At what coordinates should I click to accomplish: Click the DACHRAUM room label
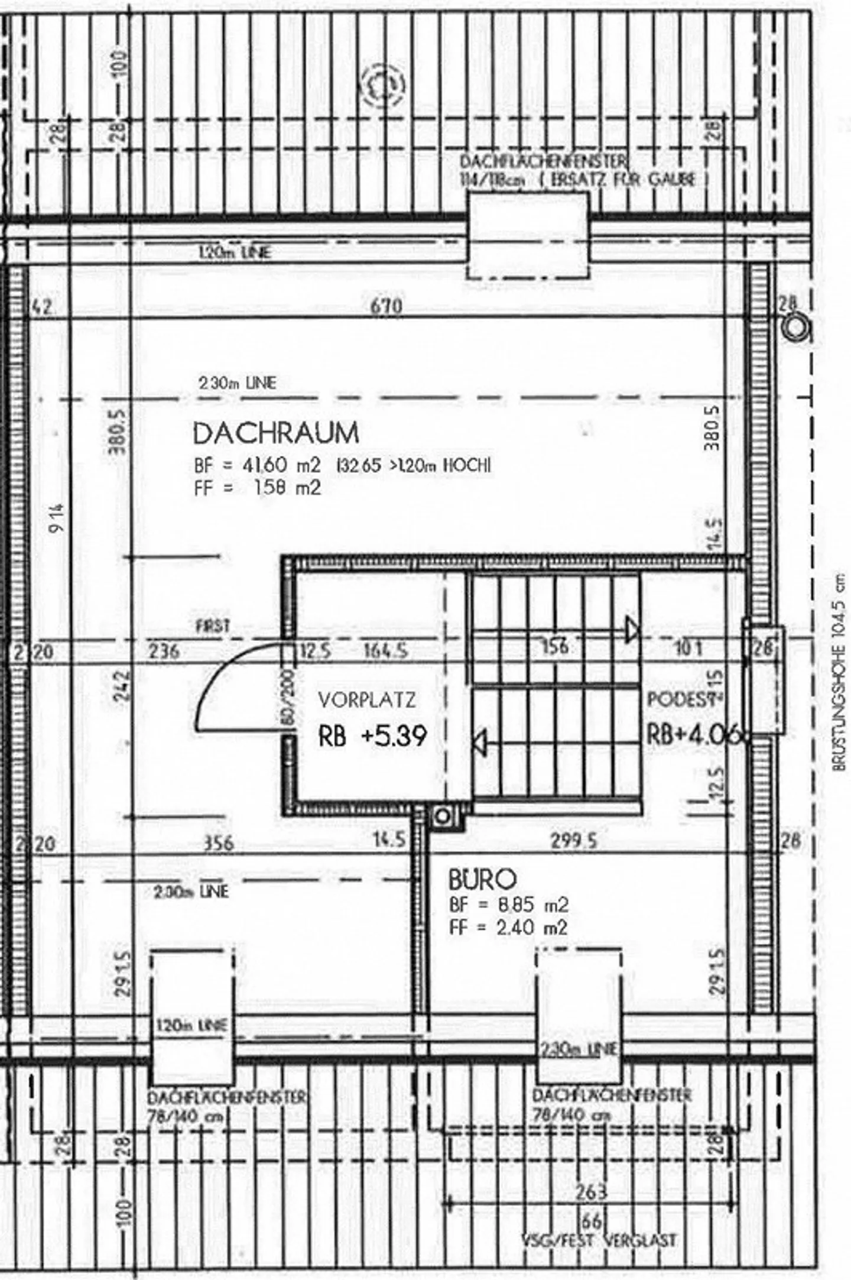275,433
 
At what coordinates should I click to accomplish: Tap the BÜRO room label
482,880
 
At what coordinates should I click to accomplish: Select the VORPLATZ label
367,700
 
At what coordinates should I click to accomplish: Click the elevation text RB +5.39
372,737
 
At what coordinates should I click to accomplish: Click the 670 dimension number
386,306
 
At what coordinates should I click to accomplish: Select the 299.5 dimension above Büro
574,841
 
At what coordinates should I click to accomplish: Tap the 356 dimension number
219,843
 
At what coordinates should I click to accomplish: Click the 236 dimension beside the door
164,652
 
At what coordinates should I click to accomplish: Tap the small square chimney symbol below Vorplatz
443,817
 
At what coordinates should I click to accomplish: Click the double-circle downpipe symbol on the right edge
796,328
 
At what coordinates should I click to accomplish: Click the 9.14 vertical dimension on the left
57,518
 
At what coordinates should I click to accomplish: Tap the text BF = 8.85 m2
509,905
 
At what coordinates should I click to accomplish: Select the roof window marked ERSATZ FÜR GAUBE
528,235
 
